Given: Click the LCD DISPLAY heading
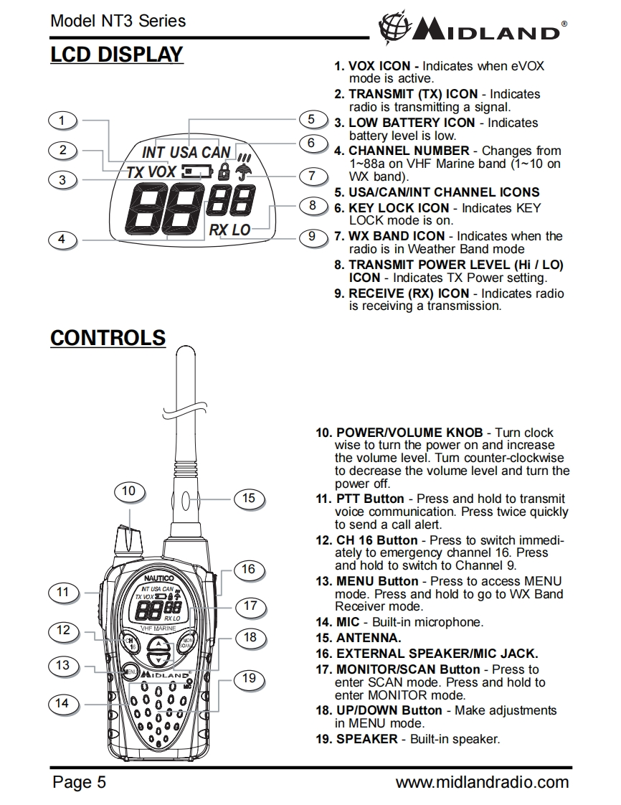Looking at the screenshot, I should coord(117,55).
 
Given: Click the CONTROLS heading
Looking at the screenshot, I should coord(108,338).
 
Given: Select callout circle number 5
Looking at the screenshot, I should coord(311,119).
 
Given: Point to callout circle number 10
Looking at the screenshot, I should coord(129,491).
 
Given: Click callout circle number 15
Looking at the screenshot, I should coord(249,498).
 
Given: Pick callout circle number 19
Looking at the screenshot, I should coord(249,678).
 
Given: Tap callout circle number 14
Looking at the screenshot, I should coord(63,703).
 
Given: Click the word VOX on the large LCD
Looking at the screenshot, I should coord(161,172).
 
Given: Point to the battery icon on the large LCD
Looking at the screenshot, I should coord(196,172).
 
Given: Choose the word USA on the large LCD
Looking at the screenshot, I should coord(184,152).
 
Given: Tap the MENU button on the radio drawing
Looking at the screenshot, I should coord(129,673).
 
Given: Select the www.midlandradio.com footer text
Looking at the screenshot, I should coord(482,782).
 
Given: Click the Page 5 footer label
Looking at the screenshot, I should coord(79,782).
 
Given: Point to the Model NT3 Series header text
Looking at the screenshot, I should coord(118,21).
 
